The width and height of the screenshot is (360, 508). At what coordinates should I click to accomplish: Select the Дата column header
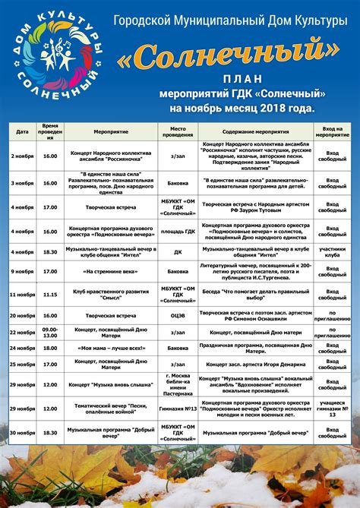pyautogui.click(x=23, y=130)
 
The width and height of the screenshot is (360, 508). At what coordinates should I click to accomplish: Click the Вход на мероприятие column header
pyautogui.click(x=333, y=130)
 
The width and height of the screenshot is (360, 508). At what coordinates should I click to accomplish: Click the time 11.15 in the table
pyautogui.click(x=50, y=293)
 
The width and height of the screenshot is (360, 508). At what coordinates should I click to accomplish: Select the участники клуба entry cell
pyautogui.click(x=333, y=251)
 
